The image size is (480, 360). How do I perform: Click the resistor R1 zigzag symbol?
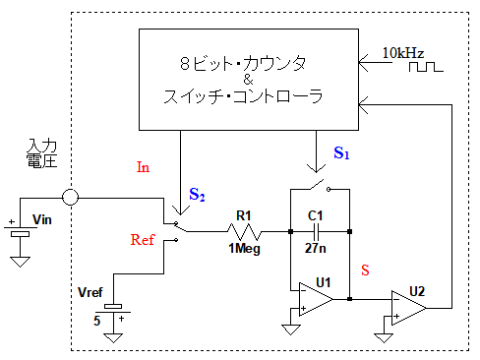(x=244, y=231)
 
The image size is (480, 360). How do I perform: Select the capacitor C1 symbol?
(x=317, y=231)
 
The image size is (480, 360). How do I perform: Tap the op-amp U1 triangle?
(x=316, y=299)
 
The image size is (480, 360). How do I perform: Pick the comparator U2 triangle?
(x=409, y=308)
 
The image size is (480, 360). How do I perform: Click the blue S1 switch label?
(x=341, y=152)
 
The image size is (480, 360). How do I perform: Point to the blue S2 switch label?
(x=197, y=195)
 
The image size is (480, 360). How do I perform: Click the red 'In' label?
(x=143, y=167)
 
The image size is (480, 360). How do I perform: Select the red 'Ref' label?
(x=143, y=240)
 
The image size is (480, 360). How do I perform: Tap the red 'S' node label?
(x=365, y=270)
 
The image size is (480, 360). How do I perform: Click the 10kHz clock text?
(x=403, y=53)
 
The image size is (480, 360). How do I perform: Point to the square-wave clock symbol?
(x=426, y=67)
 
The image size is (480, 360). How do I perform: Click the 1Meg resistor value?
(x=244, y=249)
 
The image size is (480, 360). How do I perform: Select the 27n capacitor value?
(x=316, y=248)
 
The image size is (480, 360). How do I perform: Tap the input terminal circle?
(x=70, y=198)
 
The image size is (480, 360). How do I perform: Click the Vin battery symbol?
(x=20, y=230)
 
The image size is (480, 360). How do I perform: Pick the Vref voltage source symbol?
(x=113, y=310)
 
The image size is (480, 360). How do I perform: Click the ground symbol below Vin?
(x=20, y=262)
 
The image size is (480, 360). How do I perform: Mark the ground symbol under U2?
(x=384, y=338)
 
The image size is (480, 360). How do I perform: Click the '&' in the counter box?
(x=248, y=80)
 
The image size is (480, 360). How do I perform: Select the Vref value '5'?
(x=96, y=321)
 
